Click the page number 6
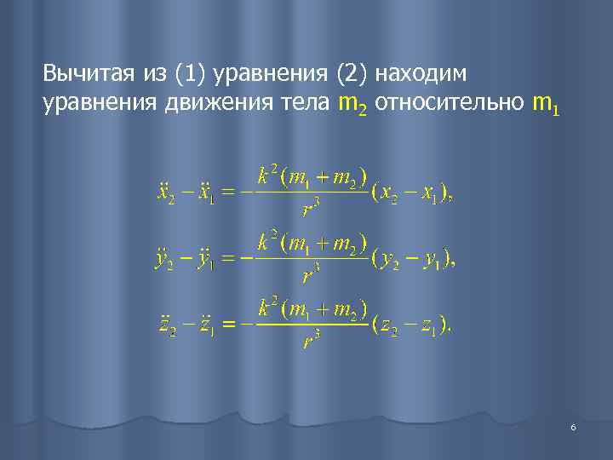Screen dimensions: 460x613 [x=573, y=427]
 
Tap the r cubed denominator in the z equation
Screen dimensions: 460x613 [x=310, y=341]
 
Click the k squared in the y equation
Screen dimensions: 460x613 [x=267, y=241]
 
